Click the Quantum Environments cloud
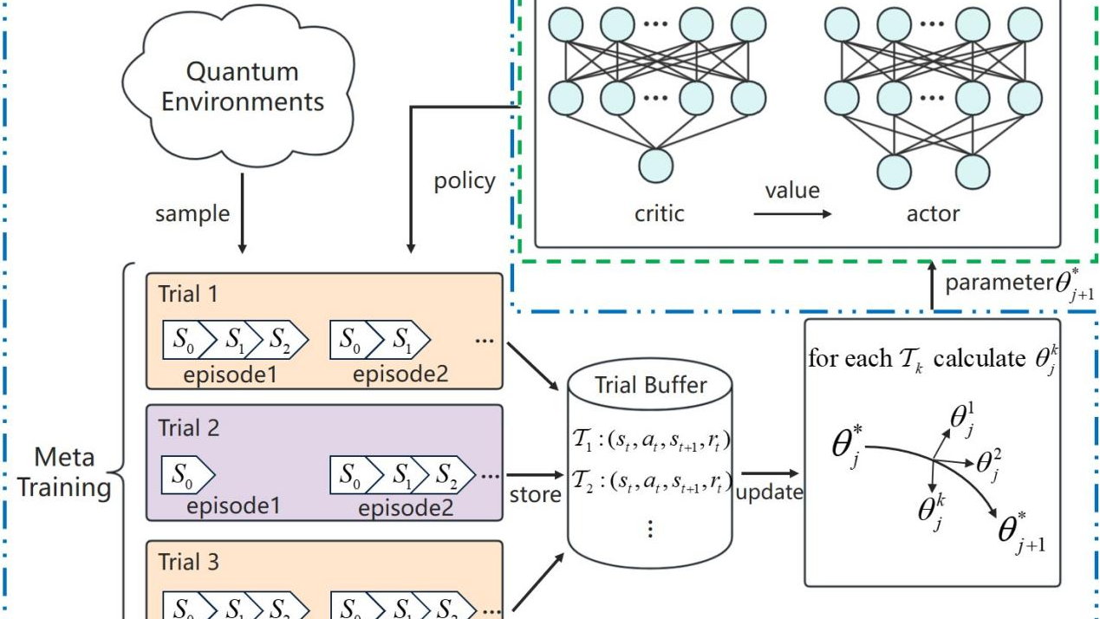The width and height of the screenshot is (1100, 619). click(x=242, y=87)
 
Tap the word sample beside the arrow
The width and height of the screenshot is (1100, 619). click(x=192, y=213)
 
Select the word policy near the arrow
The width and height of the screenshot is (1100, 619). click(x=465, y=181)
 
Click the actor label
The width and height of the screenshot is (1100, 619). click(x=933, y=212)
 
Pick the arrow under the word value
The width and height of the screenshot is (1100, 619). click(x=792, y=212)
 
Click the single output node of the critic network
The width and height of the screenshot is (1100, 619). click(x=656, y=165)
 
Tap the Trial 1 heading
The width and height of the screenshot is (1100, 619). click(x=189, y=293)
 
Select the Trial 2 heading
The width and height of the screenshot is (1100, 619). click(x=189, y=427)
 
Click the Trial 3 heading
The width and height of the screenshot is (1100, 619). click(x=189, y=563)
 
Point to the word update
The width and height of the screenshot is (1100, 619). click(x=769, y=493)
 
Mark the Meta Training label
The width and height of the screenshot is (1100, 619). click(x=65, y=472)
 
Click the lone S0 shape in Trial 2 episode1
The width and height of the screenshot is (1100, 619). click(x=186, y=475)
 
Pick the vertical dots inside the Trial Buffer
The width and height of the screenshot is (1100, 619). click(x=650, y=527)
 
